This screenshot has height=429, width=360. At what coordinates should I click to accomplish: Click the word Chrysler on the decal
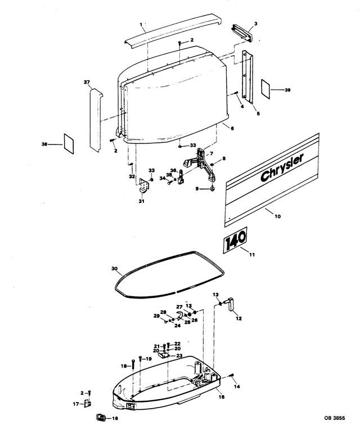coord(282,168)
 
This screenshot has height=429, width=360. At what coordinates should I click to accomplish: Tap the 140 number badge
coord(235,240)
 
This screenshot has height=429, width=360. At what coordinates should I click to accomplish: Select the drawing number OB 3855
coord(335,418)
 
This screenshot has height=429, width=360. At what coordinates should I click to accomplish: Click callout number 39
coord(287,90)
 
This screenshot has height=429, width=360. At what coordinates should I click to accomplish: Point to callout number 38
coord(44,144)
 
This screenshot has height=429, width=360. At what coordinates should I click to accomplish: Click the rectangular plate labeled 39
coord(265,89)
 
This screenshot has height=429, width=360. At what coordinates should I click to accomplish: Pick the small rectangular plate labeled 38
coord(69,143)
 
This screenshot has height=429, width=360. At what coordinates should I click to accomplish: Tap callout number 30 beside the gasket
coord(114,268)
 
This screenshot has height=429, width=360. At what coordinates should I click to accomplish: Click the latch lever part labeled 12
coord(230,303)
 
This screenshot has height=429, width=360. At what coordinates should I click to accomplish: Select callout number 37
coord(87,82)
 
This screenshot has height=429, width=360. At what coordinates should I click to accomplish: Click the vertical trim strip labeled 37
coord(96,120)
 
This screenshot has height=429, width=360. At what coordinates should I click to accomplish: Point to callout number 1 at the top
coord(141,25)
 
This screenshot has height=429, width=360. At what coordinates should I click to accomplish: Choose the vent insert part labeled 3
coord(243,33)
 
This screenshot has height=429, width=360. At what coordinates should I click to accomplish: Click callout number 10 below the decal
coord(277,216)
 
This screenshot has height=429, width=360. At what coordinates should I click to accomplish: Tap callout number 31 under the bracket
coord(142,201)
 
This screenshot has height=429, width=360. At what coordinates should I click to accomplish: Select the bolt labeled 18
coord(133,364)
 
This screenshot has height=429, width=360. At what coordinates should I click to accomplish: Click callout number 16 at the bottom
coord(115,419)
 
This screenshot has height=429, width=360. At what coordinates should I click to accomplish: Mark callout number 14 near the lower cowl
coord(237,387)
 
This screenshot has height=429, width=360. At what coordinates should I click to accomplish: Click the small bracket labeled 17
coord(88,403)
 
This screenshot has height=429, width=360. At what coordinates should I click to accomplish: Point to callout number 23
coord(179,356)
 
